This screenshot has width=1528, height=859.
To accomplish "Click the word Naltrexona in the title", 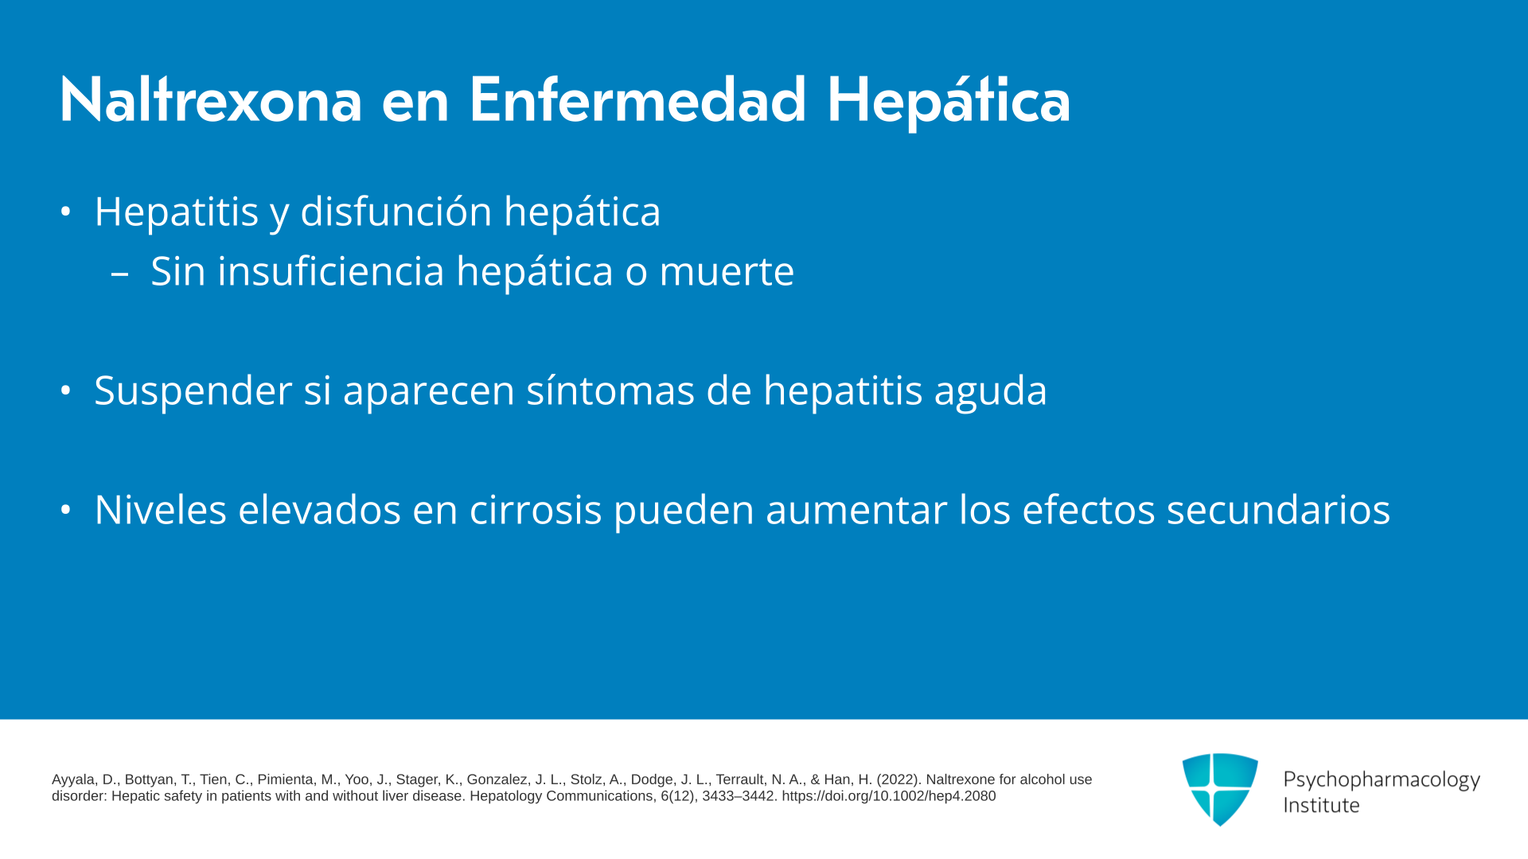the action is coord(211,100).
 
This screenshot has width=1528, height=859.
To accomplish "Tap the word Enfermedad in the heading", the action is coord(637,100).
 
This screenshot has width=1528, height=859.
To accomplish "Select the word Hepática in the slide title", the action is coord(949,102).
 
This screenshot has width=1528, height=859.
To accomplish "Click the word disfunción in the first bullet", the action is coord(396,212).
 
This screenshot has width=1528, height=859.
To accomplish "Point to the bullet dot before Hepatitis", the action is coord(66,212).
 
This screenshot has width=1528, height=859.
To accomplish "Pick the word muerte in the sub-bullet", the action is coord(727,272).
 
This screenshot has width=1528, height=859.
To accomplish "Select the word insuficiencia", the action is coord(331,271).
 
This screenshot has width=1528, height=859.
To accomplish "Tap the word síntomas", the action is coord(610,391).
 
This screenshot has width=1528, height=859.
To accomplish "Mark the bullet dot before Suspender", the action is coord(66,391).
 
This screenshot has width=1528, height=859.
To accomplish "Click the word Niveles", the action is coord(161,510).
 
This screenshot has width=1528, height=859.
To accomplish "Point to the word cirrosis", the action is coord(536,510).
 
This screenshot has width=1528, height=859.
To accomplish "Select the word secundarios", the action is coord(1278,510).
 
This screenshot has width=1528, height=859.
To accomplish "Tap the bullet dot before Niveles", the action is coord(66,510).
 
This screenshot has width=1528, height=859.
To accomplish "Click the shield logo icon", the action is coord(1220,789).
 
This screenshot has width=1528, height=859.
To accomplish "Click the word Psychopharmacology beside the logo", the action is coord(1382,780).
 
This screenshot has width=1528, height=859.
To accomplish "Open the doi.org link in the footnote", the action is coord(889,796).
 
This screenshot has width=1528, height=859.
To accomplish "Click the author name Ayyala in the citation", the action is coord(74,780).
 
